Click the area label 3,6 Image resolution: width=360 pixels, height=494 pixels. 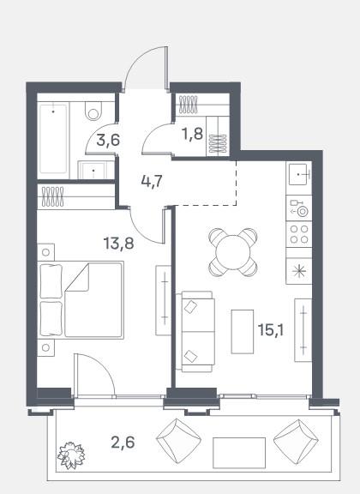coord(108,140)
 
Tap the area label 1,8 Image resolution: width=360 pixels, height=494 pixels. coord(192,134)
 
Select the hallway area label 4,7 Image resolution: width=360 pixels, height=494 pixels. coord(152,182)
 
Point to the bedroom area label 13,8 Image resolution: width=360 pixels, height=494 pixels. coord(119,244)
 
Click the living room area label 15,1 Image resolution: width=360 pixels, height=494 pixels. coord(271,330)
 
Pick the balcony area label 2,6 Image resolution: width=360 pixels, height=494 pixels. coord(123,442)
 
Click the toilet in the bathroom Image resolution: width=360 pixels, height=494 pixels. coord(93,111)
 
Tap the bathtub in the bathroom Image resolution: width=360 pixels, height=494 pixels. coord(53,139)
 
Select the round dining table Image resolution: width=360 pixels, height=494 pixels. coord(233,252)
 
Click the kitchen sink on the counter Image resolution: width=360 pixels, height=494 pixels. coord(298,174)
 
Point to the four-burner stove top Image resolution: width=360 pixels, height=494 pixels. coord(299,234)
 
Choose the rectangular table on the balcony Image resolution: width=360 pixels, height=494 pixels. coord(239,453)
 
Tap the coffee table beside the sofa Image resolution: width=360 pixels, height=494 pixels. coord(243,331)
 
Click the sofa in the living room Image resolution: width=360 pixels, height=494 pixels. coord(195,331)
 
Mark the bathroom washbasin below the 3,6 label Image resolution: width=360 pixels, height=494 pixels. coord(93,170)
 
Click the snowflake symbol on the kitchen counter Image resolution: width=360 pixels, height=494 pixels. coord(299,272)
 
